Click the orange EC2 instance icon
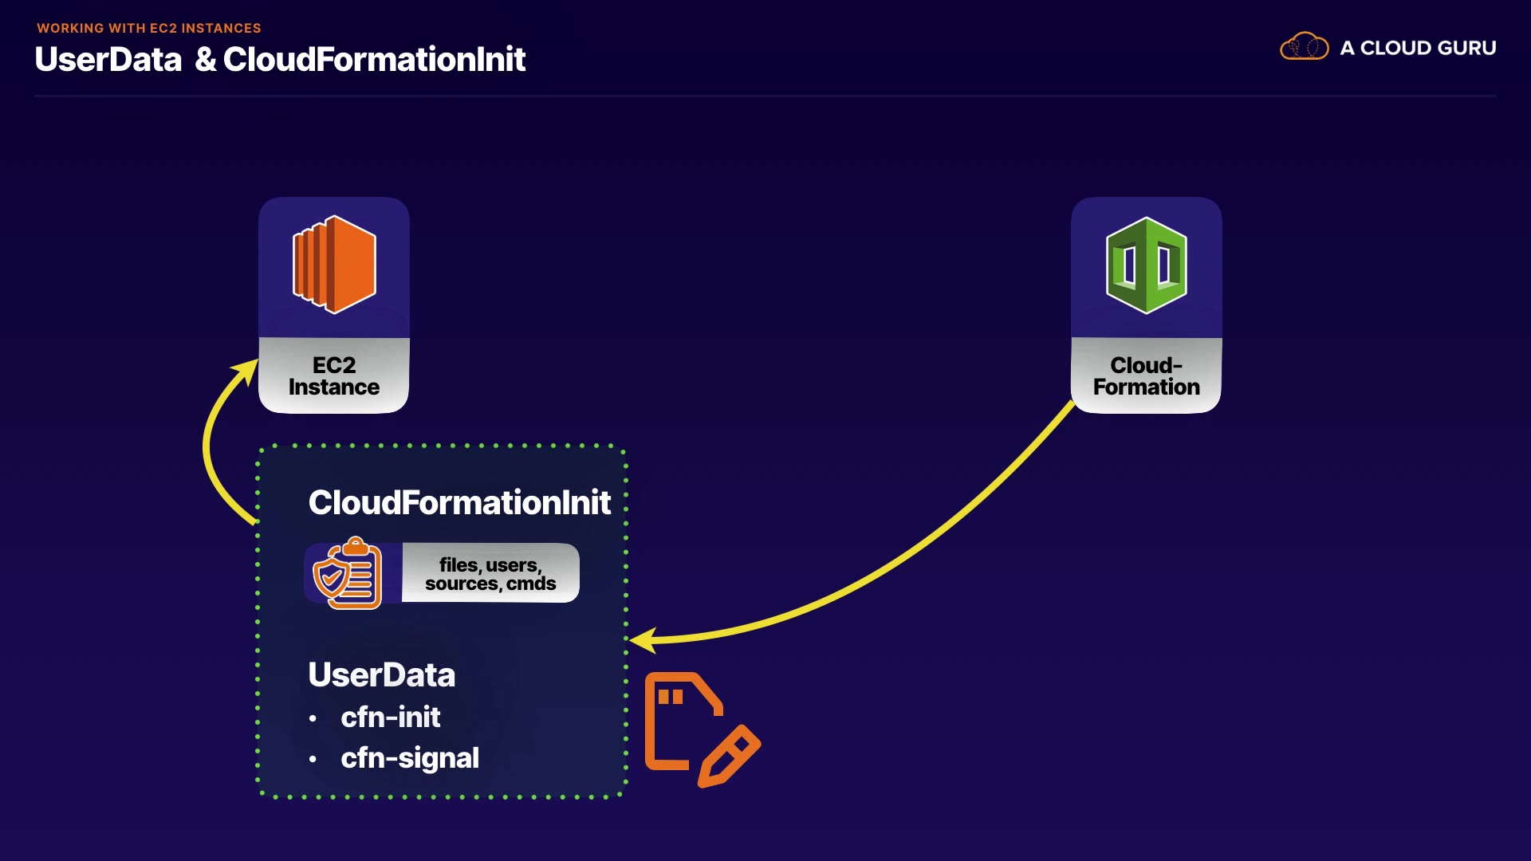pos(334,264)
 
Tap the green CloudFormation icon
pos(1147,265)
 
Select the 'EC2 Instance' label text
pos(334,376)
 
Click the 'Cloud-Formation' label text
pos(1147,376)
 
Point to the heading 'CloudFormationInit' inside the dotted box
pos(459,502)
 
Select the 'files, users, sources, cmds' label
pos(490,574)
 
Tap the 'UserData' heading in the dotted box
pos(381,674)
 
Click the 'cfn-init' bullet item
pos(390,717)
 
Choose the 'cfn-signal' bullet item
pos(410,758)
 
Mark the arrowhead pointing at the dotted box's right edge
pos(641,639)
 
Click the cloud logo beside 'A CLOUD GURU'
pos(1305,47)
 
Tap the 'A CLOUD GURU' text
pos(1418,48)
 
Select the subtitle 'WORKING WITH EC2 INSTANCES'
pos(149,28)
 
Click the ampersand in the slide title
pos(206,59)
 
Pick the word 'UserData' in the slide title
pos(108,59)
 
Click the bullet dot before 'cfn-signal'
pos(313,759)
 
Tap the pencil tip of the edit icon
pos(703,784)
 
